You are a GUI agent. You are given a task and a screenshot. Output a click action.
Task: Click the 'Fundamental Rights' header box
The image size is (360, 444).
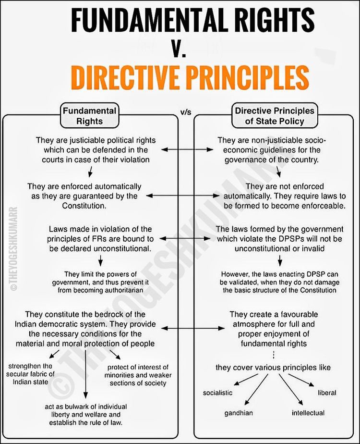coord(90,116)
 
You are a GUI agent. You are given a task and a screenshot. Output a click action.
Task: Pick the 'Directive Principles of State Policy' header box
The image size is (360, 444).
coord(274,116)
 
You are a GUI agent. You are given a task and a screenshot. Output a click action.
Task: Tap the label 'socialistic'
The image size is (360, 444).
coord(218,393)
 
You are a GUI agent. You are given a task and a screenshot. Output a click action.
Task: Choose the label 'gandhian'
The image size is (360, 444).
coord(239,413)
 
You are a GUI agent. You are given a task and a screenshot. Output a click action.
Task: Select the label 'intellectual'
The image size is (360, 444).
coord(308,413)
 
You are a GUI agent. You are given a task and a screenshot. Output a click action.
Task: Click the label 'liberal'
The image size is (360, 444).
coord(327,393)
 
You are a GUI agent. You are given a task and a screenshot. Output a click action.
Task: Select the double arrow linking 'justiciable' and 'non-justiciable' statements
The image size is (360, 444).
coord(187,150)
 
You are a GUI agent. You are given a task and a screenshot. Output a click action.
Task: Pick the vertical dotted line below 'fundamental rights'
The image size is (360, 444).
coord(273,355)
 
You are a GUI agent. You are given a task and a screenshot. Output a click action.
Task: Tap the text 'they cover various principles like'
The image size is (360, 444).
coord(273,368)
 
